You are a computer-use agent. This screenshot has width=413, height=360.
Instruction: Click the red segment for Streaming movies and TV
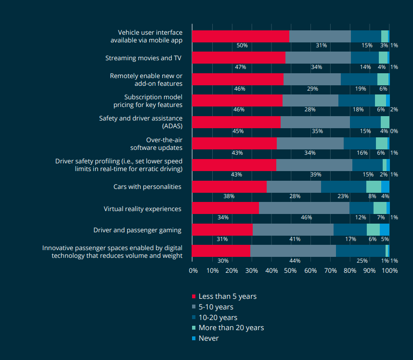[x=238, y=58]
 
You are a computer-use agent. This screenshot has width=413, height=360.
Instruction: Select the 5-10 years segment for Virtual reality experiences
[x=304, y=208]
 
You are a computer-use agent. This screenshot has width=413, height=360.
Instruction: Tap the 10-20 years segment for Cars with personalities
[x=343, y=187]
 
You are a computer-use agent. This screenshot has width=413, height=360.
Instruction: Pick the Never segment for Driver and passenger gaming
[x=385, y=229]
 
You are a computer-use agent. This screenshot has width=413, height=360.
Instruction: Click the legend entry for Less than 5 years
[x=227, y=296]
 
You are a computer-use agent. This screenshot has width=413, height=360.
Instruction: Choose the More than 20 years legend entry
[x=231, y=328]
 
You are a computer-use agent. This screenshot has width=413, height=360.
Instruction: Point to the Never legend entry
[x=208, y=338]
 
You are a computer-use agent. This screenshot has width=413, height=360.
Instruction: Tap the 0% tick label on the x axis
[x=193, y=271]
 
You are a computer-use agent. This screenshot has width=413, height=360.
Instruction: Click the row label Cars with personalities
[x=147, y=187]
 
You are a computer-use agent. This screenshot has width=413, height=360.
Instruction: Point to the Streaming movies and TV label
[x=143, y=58]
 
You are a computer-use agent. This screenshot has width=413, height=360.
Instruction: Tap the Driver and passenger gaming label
[x=137, y=230]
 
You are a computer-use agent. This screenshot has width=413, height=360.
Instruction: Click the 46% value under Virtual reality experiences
[x=306, y=217]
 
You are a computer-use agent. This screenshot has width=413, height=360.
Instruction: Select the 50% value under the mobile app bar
[x=242, y=45]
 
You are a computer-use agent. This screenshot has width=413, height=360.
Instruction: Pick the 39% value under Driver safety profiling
[x=316, y=174]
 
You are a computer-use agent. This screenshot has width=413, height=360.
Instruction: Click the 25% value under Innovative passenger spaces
[x=362, y=261]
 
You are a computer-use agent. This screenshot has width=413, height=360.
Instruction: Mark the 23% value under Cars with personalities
[x=343, y=196]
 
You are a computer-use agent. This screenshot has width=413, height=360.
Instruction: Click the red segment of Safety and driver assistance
[x=236, y=122]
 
